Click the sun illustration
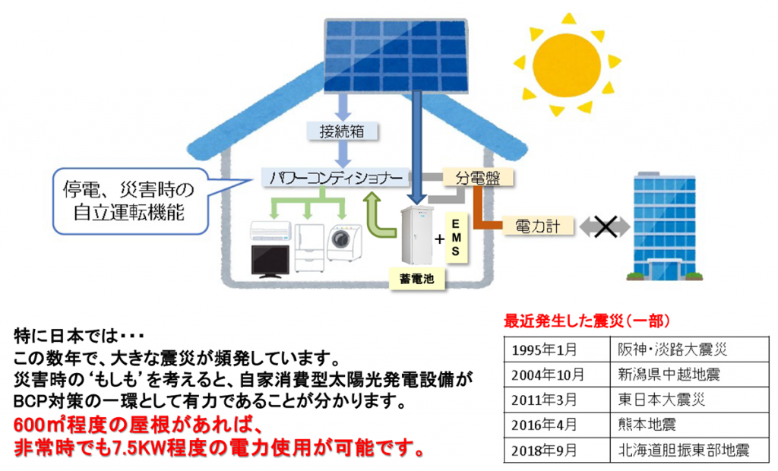click(566, 65)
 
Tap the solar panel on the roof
click(396, 55)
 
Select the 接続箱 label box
click(342, 131)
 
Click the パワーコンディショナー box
click(335, 178)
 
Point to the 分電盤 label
click(477, 178)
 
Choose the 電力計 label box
click(538, 227)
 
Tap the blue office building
click(665, 226)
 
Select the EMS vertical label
click(456, 239)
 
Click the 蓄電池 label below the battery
click(417, 279)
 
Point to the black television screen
click(270, 261)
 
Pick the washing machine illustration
click(344, 242)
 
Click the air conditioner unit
click(270, 231)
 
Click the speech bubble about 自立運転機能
click(130, 201)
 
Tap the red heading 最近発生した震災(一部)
click(587, 321)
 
